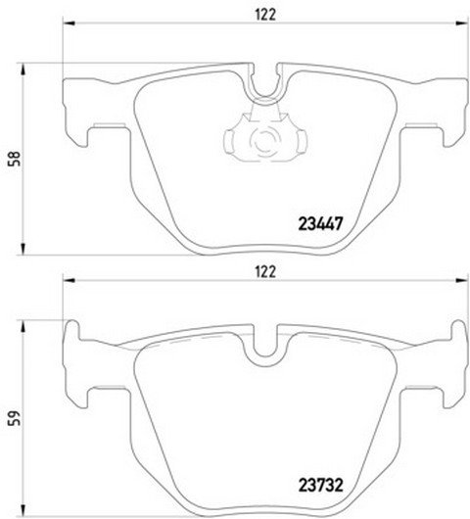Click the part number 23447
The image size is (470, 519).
click(320, 224)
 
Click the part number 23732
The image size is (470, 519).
click(321, 486)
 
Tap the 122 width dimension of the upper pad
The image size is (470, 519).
click(265, 15)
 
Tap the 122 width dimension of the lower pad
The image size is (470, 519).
click(265, 272)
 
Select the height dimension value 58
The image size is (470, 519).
click(16, 159)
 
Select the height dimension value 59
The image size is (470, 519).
click(16, 419)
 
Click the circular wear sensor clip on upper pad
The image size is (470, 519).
click(265, 142)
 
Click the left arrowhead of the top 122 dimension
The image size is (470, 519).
click(69, 24)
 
